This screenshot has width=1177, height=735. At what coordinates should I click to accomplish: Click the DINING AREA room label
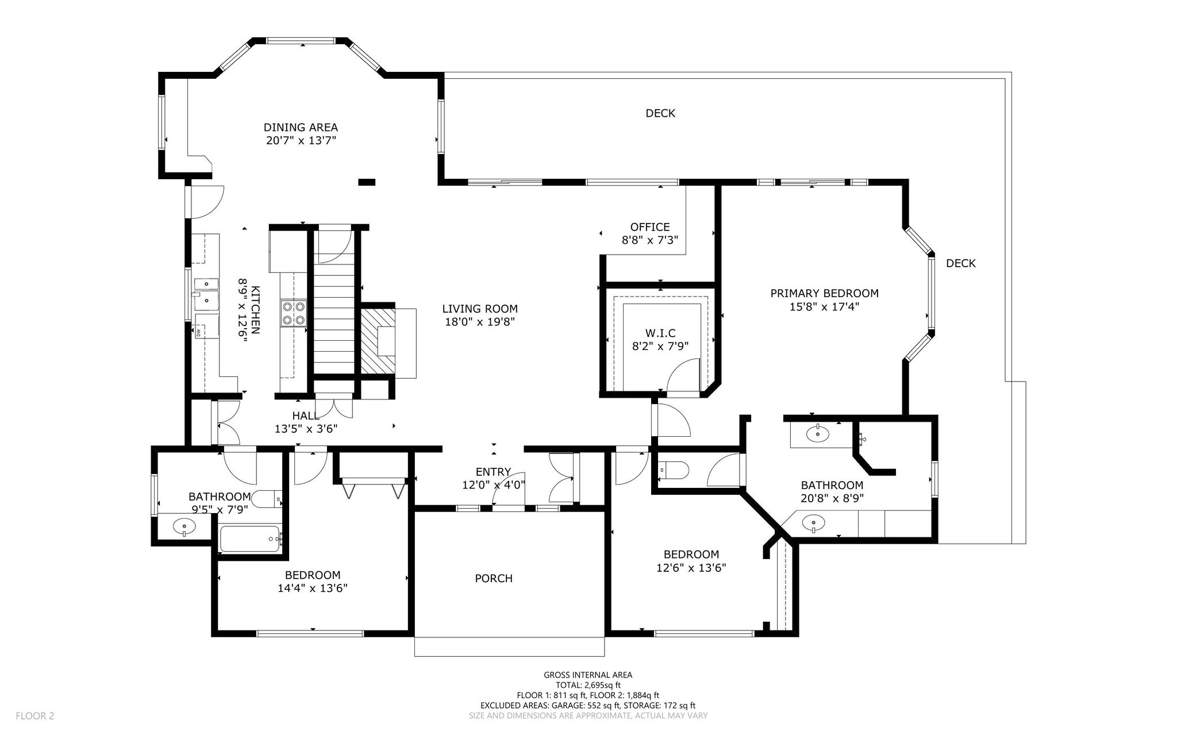click(301, 128)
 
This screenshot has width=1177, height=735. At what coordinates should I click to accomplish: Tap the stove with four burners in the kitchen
click(294, 313)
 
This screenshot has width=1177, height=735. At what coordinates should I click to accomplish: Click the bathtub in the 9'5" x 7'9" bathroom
click(249, 539)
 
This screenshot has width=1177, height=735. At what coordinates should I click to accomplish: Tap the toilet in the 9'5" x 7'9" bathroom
click(268, 499)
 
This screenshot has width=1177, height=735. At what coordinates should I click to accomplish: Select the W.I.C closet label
click(660, 333)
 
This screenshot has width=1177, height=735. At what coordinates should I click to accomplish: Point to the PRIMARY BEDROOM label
click(825, 294)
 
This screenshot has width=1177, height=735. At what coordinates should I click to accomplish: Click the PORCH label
click(494, 579)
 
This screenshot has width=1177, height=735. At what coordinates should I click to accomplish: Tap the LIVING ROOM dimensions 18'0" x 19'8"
click(479, 322)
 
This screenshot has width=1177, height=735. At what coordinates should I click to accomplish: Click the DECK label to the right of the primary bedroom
click(961, 264)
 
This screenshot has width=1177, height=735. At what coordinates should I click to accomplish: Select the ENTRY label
click(493, 472)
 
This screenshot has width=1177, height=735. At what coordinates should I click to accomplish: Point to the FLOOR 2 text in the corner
click(34, 716)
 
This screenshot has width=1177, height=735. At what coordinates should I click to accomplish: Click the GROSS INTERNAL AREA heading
click(588, 675)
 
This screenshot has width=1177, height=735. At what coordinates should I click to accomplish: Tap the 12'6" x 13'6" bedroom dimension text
click(691, 568)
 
